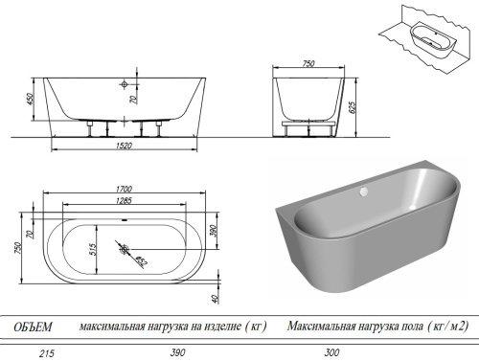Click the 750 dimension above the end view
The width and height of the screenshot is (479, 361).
tap(308, 63)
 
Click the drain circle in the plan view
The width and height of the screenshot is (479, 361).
tap(124, 251)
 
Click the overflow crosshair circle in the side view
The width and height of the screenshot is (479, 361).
tap(125, 84)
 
